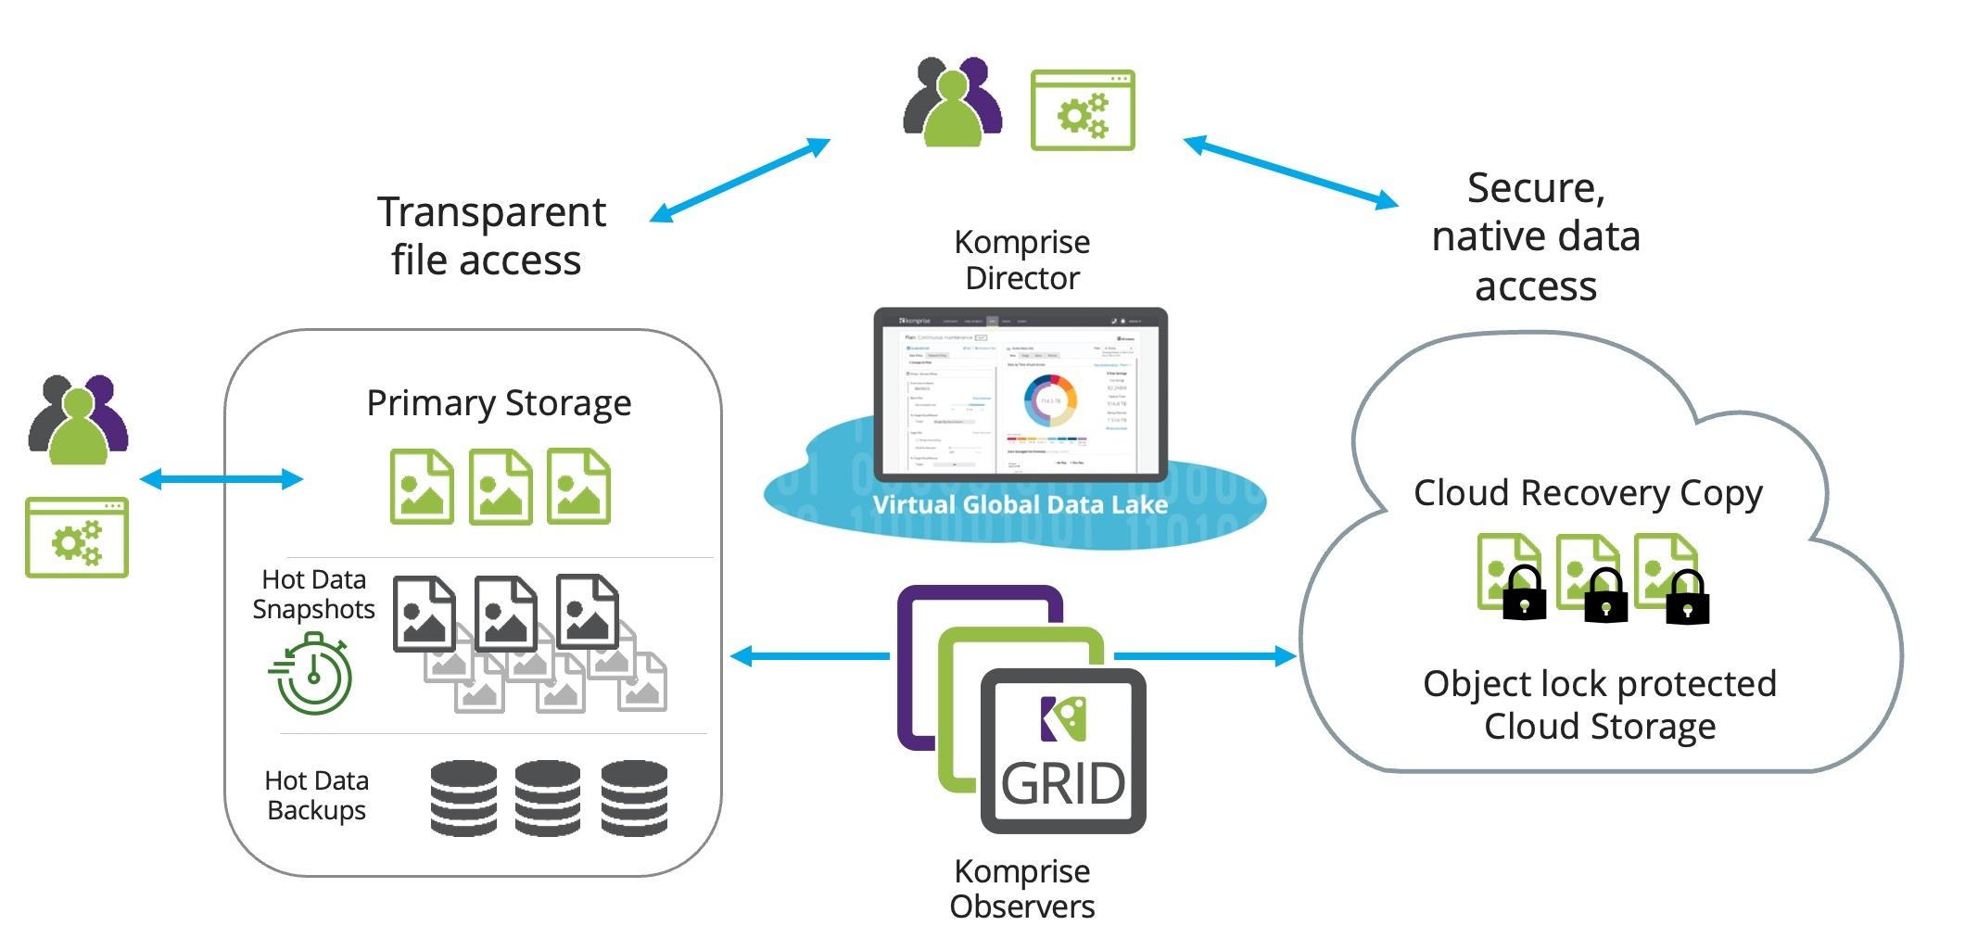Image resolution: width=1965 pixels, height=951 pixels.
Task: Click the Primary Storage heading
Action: (499, 404)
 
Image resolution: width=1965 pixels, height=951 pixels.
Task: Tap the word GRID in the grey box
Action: (1063, 784)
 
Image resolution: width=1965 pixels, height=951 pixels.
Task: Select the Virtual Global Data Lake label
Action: (1020, 505)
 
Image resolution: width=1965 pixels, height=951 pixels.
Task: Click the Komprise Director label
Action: (1021, 260)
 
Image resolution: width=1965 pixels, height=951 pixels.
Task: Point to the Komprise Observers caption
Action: (1021, 889)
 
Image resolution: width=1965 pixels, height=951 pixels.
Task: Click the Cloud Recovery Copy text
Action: (1587, 494)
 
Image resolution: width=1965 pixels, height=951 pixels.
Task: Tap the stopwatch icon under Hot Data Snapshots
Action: (312, 675)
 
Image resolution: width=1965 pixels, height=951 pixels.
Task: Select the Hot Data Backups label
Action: (316, 795)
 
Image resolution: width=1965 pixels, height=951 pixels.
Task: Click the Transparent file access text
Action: (490, 236)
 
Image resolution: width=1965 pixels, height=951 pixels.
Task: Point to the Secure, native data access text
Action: (1536, 237)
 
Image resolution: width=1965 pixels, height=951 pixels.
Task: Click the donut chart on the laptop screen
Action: (1050, 400)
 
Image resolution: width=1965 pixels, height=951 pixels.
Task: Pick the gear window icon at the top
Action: (1083, 110)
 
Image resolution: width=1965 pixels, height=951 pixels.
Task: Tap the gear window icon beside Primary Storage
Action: (77, 538)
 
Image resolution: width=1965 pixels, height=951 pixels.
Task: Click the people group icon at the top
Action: (953, 102)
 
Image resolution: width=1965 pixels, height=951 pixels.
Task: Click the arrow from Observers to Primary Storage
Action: (810, 656)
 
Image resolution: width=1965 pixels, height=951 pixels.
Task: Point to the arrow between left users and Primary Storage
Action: (221, 479)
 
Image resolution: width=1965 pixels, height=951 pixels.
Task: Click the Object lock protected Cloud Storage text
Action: (1600, 705)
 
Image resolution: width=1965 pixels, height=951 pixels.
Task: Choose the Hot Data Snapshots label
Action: (313, 594)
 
